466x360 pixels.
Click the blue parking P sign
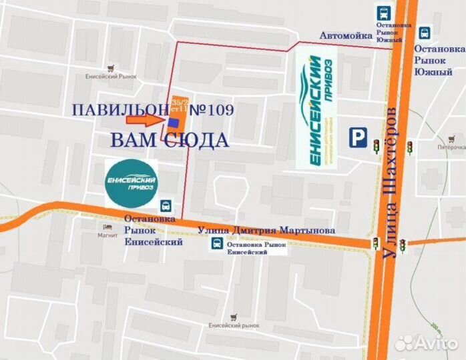[x=359, y=138]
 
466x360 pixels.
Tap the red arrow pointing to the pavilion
[x=146, y=120]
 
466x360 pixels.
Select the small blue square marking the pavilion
[x=174, y=123]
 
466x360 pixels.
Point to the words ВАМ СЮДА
[x=170, y=140]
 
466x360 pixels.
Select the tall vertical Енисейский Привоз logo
[x=316, y=110]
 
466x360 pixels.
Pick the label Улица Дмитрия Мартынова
[x=267, y=230]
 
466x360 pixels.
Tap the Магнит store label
[x=107, y=235]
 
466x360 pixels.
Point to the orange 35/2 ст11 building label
[x=180, y=105]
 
